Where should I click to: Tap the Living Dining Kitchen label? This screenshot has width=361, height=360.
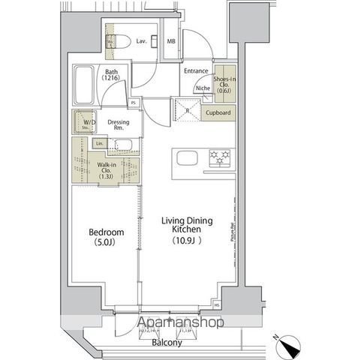point(188,226)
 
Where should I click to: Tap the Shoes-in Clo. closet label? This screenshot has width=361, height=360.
point(224,84)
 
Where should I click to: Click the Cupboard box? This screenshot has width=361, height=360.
point(218,113)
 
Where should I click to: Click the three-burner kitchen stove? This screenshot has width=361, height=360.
point(220,157)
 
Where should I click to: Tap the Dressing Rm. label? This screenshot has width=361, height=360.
point(119,124)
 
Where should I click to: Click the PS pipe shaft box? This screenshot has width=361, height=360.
point(134,103)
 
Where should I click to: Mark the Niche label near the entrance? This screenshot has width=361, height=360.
point(202,88)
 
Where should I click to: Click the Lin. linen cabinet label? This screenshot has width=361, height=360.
point(99,142)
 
